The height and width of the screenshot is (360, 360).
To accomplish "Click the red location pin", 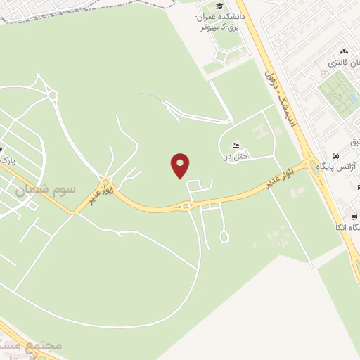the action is pos(181,166).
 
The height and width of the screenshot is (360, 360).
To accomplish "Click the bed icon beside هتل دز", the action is pos(235,146).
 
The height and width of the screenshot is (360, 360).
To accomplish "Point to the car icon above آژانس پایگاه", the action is pos(337,155).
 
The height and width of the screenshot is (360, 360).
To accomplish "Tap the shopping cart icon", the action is pos(354,216).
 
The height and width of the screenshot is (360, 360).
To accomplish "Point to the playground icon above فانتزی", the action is pos(344,52).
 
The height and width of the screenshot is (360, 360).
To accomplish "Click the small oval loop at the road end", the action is pos(224,237).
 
